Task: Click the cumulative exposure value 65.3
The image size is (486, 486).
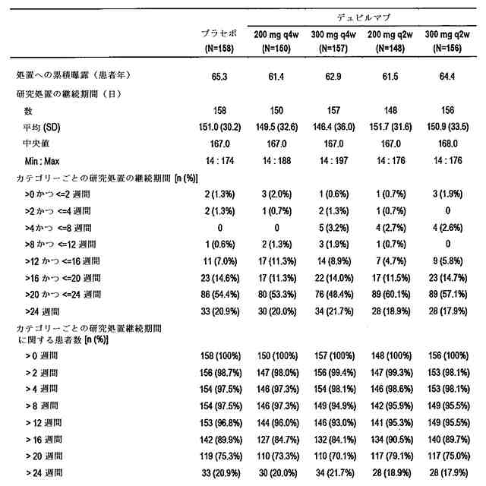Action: (220, 77)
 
